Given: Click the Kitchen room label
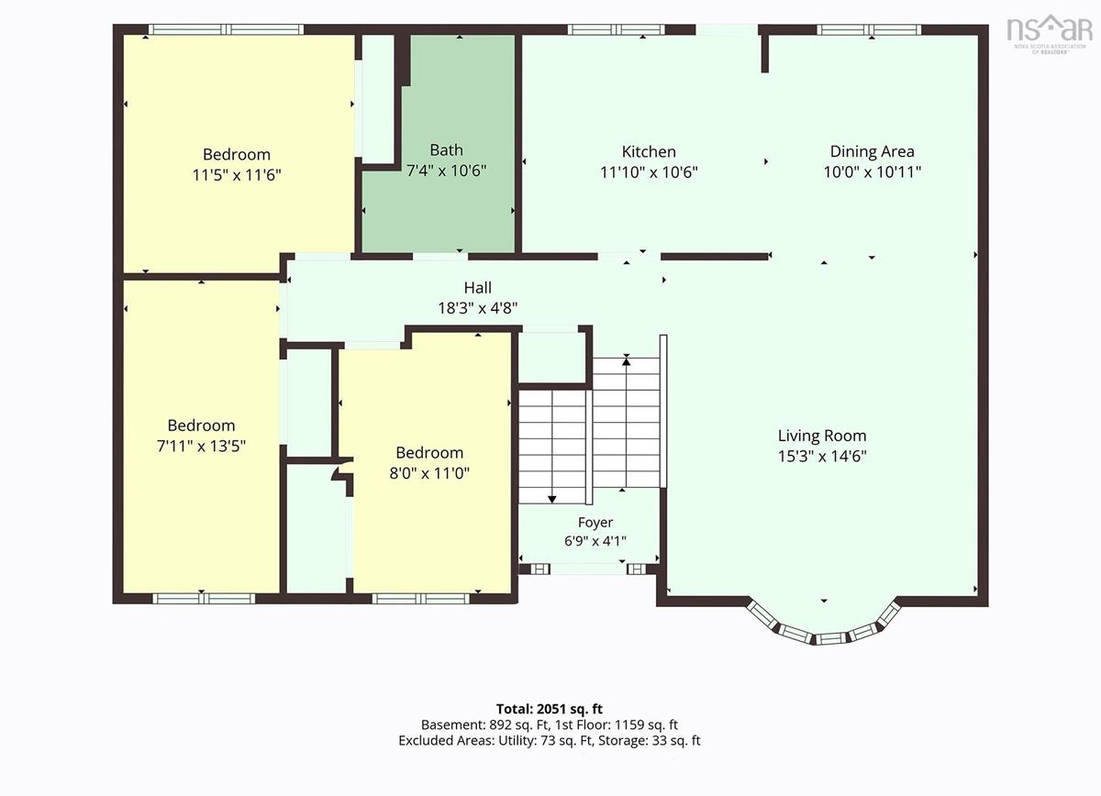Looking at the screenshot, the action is click(x=649, y=152).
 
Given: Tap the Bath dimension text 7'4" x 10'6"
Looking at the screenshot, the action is click(x=446, y=171).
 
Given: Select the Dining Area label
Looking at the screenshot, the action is click(x=872, y=152).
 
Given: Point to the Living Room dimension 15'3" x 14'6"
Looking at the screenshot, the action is click(x=822, y=456).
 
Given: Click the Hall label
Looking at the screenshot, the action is click(x=478, y=287).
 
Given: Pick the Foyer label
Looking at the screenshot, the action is click(x=595, y=523).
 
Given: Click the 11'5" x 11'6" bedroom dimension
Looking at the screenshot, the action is click(x=237, y=175).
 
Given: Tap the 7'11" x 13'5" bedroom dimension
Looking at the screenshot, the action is click(x=201, y=447).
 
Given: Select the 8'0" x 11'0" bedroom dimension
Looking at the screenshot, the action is click(x=429, y=473).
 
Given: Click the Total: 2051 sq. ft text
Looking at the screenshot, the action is click(x=549, y=709).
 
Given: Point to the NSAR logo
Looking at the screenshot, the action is click(x=1049, y=33).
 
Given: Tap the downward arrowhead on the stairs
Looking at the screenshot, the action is click(x=552, y=499).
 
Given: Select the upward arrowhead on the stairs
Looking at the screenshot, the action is click(x=626, y=361).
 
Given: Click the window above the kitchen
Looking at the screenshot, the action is click(x=617, y=29).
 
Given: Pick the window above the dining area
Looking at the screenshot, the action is click(x=869, y=29).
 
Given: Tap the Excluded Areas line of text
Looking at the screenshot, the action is click(x=549, y=740).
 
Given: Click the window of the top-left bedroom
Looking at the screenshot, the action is click(x=226, y=29).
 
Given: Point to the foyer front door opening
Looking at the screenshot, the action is click(x=588, y=569).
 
